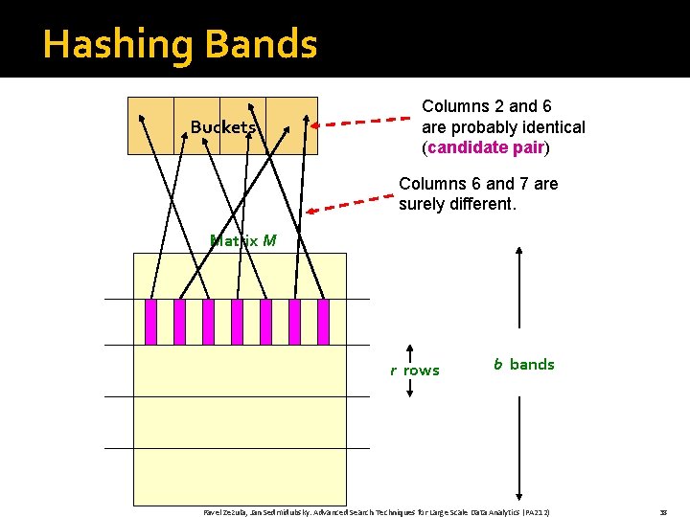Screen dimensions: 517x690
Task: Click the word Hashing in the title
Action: [106, 45]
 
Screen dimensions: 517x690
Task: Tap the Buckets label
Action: [222, 127]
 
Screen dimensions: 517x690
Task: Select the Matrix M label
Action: [242, 240]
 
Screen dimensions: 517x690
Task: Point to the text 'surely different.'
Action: [457, 204]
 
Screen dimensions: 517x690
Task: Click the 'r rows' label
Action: [414, 371]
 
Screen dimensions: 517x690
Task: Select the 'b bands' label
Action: [523, 364]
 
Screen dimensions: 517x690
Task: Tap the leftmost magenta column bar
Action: [150, 322]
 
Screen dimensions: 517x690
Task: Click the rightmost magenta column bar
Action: [323, 322]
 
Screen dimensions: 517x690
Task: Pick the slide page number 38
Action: [663, 512]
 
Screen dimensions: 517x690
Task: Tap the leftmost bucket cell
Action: [151, 125]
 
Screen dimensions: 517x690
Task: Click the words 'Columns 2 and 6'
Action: [487, 106]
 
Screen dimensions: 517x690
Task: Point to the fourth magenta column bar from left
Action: [237, 322]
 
